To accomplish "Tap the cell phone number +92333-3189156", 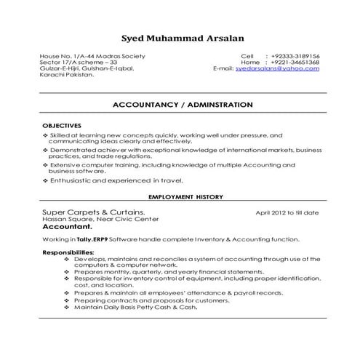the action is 295,56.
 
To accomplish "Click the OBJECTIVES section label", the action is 62,126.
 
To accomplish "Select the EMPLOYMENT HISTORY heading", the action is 185,197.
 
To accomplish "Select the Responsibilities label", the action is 71,252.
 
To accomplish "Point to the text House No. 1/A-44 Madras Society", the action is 93,56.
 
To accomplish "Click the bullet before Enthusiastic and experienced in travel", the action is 46,179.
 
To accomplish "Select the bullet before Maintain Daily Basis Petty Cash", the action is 67,306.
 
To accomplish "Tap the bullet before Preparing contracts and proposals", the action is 67,300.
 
